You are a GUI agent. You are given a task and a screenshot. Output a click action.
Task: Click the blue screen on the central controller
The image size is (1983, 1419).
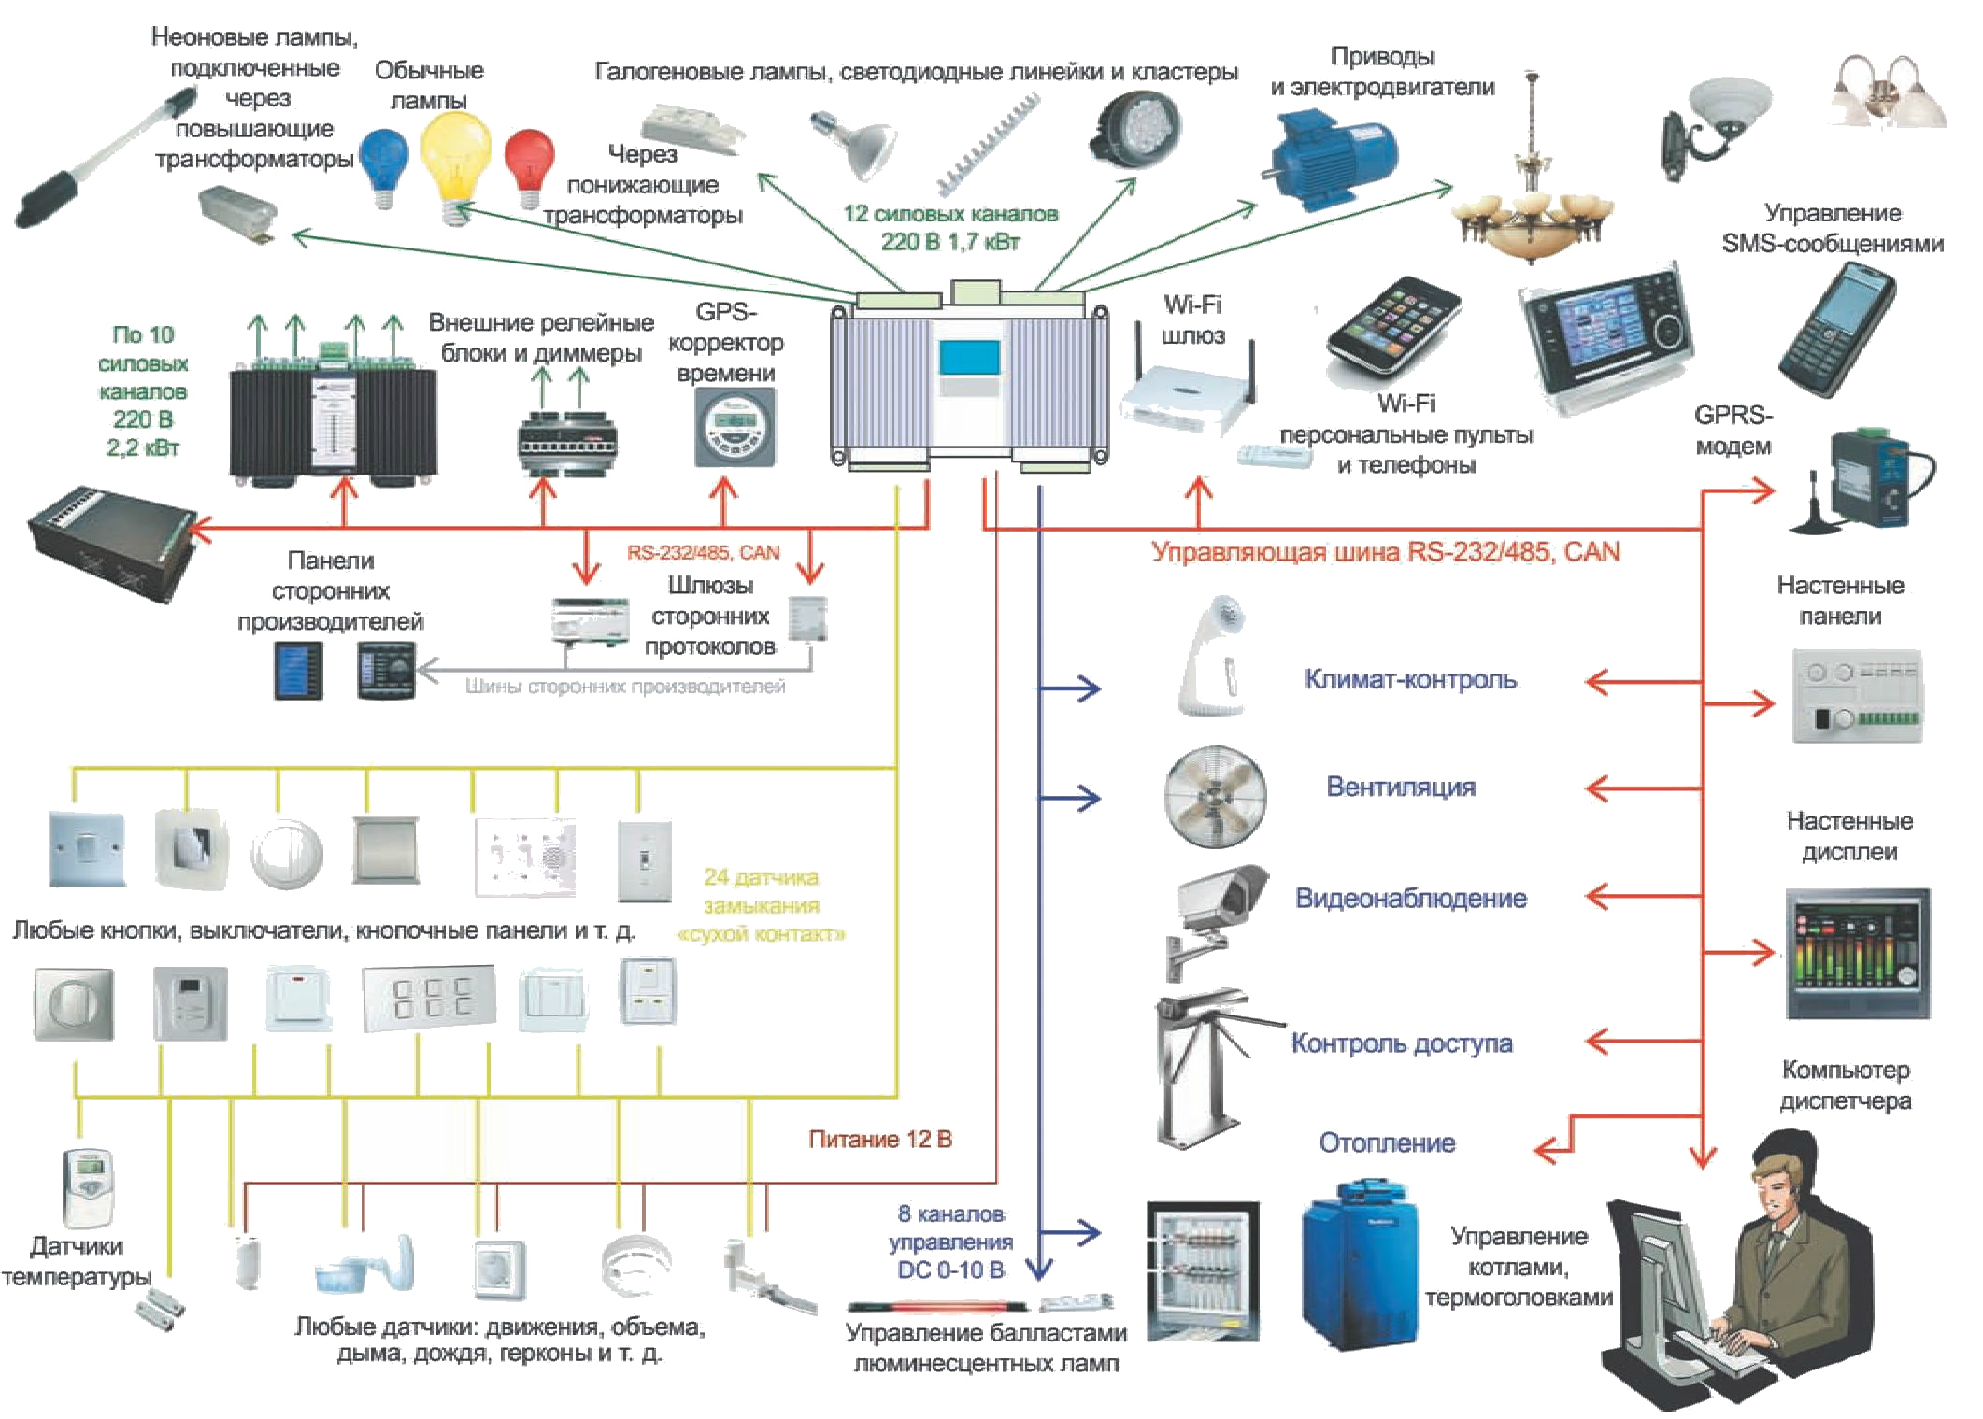pyautogui.click(x=969, y=357)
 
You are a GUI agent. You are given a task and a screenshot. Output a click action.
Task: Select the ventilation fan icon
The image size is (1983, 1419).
pyautogui.click(x=1215, y=796)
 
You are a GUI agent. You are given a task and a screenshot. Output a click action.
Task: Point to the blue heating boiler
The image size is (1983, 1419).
pyautogui.click(x=1360, y=1261)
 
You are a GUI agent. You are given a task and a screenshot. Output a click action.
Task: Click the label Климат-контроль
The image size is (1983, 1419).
pyautogui.click(x=1409, y=679)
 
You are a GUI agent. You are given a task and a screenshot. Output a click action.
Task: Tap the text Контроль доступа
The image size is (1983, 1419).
pyautogui.click(x=1401, y=1043)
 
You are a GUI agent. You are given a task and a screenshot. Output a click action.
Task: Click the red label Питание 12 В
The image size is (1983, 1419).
pyautogui.click(x=879, y=1139)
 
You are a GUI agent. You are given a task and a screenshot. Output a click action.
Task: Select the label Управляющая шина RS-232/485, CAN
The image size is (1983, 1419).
pyautogui.click(x=1385, y=551)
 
